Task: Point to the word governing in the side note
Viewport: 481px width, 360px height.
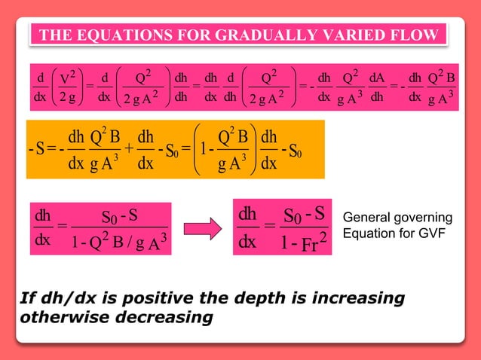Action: click(421, 218)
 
